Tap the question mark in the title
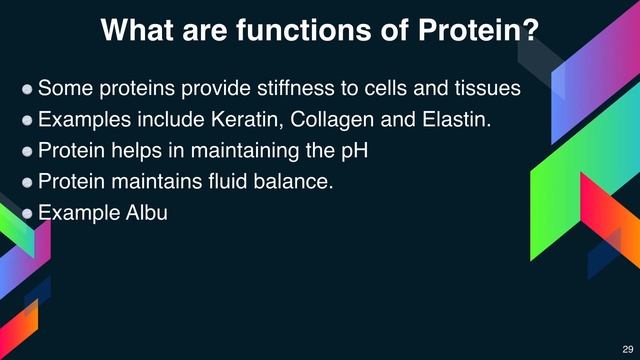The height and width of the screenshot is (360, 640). click(532, 30)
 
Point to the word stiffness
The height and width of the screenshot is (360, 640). click(285, 88)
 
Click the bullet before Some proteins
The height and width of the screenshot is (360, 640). click(28, 89)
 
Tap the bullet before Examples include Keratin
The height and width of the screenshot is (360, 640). click(28, 120)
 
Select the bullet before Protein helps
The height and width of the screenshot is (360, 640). click(28, 152)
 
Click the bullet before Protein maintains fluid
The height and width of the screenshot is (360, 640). click(28, 183)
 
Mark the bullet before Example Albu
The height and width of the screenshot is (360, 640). click(28, 214)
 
